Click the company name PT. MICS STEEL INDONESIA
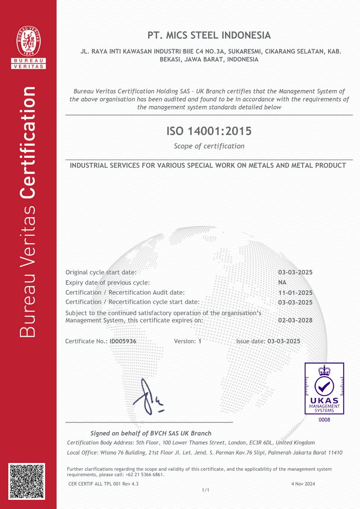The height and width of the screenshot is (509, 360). click(x=209, y=35)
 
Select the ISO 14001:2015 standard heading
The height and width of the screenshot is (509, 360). click(x=209, y=131)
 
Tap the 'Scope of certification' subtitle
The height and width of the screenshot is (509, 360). click(x=209, y=146)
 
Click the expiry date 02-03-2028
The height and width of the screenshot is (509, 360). click(x=295, y=320)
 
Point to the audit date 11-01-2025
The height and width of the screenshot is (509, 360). click(x=295, y=293)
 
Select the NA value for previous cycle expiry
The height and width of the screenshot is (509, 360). click(x=282, y=282)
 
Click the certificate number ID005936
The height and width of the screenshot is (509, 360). click(x=123, y=341)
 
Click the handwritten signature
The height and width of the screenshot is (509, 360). click(x=148, y=397)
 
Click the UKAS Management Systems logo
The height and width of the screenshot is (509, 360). click(x=324, y=388)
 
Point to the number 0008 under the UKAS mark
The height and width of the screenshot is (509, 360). click(x=324, y=419)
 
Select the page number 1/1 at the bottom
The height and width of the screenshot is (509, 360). click(x=206, y=490)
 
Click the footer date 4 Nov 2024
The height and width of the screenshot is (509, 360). click(x=303, y=483)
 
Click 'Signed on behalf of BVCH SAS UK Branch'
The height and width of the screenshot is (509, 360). click(x=151, y=433)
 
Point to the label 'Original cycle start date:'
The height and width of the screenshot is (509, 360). click(x=101, y=272)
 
